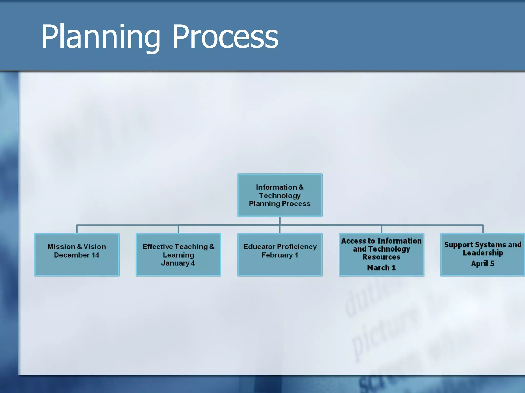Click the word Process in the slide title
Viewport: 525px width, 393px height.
click(x=225, y=37)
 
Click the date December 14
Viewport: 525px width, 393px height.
click(x=77, y=255)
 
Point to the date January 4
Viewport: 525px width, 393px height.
click(x=178, y=263)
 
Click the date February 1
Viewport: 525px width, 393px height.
click(x=280, y=255)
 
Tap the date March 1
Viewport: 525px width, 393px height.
click(x=381, y=268)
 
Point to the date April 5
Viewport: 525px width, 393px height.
click(x=482, y=264)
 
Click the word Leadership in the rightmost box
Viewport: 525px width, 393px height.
click(x=483, y=253)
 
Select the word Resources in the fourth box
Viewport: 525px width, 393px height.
click(x=381, y=257)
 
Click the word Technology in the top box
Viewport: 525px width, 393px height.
click(x=280, y=196)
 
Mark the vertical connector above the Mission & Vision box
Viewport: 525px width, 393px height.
click(x=77, y=229)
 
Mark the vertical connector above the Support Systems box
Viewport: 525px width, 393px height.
click(x=483, y=229)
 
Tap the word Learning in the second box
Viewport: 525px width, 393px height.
click(x=178, y=255)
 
